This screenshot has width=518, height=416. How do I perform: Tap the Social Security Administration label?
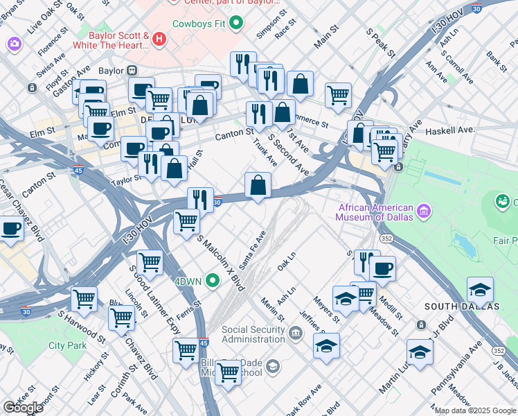[x=253, y=334]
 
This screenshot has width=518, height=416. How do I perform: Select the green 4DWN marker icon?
[x=213, y=281]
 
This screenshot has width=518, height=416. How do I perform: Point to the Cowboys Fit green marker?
[x=237, y=24]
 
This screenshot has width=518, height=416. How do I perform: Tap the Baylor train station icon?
[x=132, y=71]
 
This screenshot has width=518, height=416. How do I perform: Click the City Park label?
[x=67, y=345]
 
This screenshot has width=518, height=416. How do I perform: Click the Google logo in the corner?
[x=24, y=407]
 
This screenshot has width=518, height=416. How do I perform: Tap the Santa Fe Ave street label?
[x=253, y=250]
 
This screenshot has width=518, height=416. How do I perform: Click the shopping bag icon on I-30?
[x=258, y=185]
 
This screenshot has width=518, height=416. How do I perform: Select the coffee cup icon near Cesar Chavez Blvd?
[x=11, y=228]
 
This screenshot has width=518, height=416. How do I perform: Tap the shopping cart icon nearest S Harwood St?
[x=84, y=300]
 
